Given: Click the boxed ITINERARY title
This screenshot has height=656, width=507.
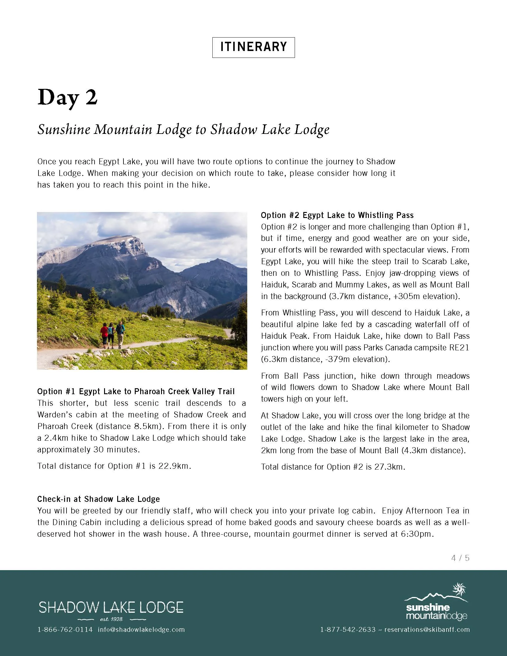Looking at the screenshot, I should (253, 47).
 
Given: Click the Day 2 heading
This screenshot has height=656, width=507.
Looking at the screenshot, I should (68, 98).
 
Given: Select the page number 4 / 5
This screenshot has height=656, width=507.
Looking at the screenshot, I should (460, 558).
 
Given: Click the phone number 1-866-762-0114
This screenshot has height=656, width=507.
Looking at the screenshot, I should (65, 629).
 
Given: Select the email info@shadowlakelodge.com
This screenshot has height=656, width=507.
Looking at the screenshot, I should (141, 629).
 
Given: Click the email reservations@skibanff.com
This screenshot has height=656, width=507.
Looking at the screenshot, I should (427, 629).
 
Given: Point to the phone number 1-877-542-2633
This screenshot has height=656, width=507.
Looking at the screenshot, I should (348, 629).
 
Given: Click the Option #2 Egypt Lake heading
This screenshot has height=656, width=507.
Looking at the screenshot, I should (337, 215).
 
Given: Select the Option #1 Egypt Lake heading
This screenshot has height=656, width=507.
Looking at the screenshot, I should (136, 392).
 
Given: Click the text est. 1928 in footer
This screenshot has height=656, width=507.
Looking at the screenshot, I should (111, 619).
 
